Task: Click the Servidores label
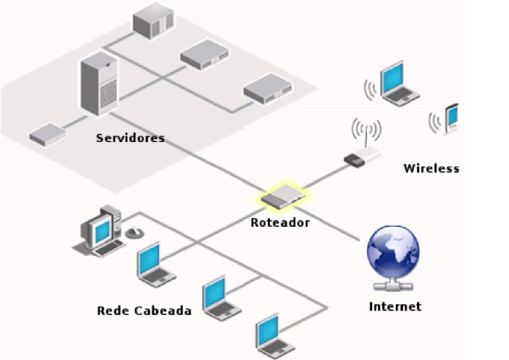point(130,138)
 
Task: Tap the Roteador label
point(280,223)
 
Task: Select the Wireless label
point(431,169)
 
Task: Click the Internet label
point(395,307)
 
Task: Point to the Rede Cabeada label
point(144,310)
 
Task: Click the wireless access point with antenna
point(364,154)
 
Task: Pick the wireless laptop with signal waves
point(400,83)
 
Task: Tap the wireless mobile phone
point(452,118)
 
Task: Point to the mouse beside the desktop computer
point(134,232)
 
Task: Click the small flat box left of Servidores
point(48,133)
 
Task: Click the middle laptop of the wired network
point(219,298)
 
